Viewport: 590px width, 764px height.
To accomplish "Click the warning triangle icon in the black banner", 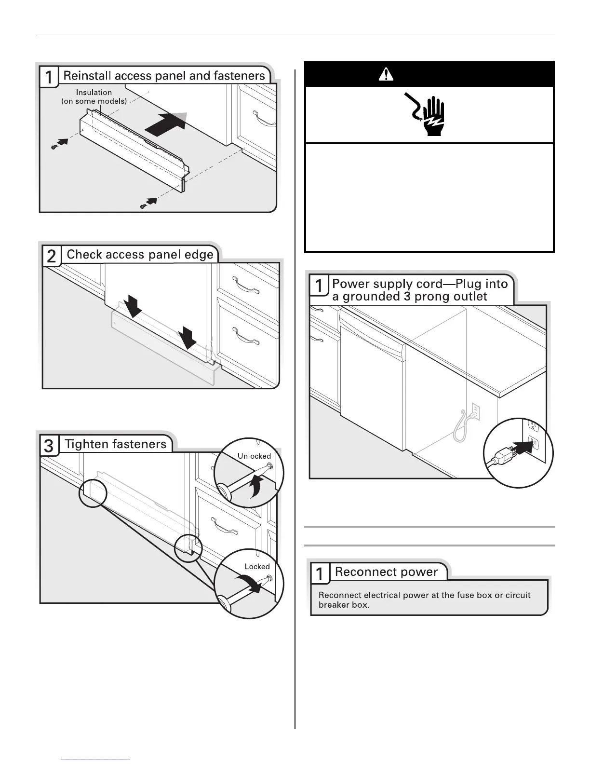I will click(386, 74).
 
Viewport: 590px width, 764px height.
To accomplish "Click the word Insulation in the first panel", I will click(94, 92).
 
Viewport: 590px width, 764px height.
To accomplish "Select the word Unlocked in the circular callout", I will click(254, 456).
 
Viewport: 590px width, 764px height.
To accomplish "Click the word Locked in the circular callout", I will click(257, 566).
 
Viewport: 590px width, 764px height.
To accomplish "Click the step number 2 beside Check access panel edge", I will click(52, 256).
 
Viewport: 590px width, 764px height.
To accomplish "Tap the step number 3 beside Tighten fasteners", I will click(49, 445).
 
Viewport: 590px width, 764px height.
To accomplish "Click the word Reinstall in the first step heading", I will click(87, 76).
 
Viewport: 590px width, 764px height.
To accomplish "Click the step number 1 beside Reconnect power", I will click(320, 574).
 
